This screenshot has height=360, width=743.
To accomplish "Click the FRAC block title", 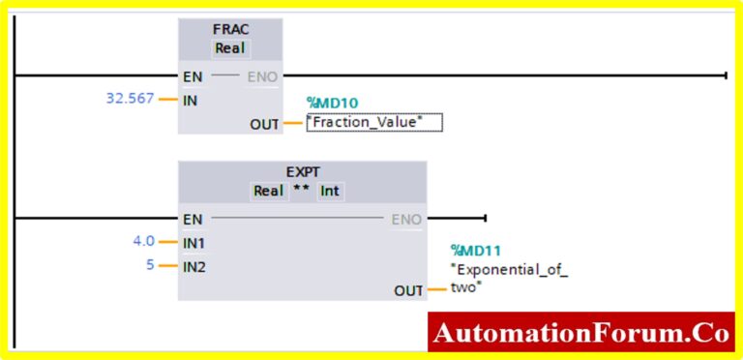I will tap(230, 29).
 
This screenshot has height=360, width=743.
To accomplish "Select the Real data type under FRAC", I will tap(230, 48).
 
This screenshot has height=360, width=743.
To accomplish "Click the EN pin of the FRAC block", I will tap(191, 75).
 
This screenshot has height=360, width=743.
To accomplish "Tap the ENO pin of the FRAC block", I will tap(262, 75).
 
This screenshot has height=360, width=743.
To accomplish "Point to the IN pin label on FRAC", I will tap(190, 99).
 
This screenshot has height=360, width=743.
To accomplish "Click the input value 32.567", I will tap(130, 98).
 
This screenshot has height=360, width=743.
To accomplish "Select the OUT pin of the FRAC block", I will tap(264, 124).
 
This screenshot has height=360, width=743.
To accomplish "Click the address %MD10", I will tap(332, 102).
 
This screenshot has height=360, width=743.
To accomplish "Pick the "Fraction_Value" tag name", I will tap(373, 123).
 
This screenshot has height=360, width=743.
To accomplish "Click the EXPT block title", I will tap(303, 171).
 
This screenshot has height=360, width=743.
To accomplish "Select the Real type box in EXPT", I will tap(268, 191).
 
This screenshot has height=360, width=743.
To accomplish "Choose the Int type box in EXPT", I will tap(331, 191).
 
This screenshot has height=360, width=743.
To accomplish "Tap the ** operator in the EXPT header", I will tap(301, 190).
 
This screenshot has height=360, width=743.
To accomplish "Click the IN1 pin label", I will tap(193, 242).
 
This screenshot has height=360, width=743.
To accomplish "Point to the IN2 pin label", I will tap(193, 265).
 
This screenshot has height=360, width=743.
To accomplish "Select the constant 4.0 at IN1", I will tap(143, 241).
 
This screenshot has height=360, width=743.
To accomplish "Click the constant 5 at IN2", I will tap(150, 264).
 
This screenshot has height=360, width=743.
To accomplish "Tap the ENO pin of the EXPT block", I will tap(406, 220).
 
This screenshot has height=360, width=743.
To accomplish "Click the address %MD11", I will tap(476, 251).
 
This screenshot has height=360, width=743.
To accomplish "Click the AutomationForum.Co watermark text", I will tap(580, 333).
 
